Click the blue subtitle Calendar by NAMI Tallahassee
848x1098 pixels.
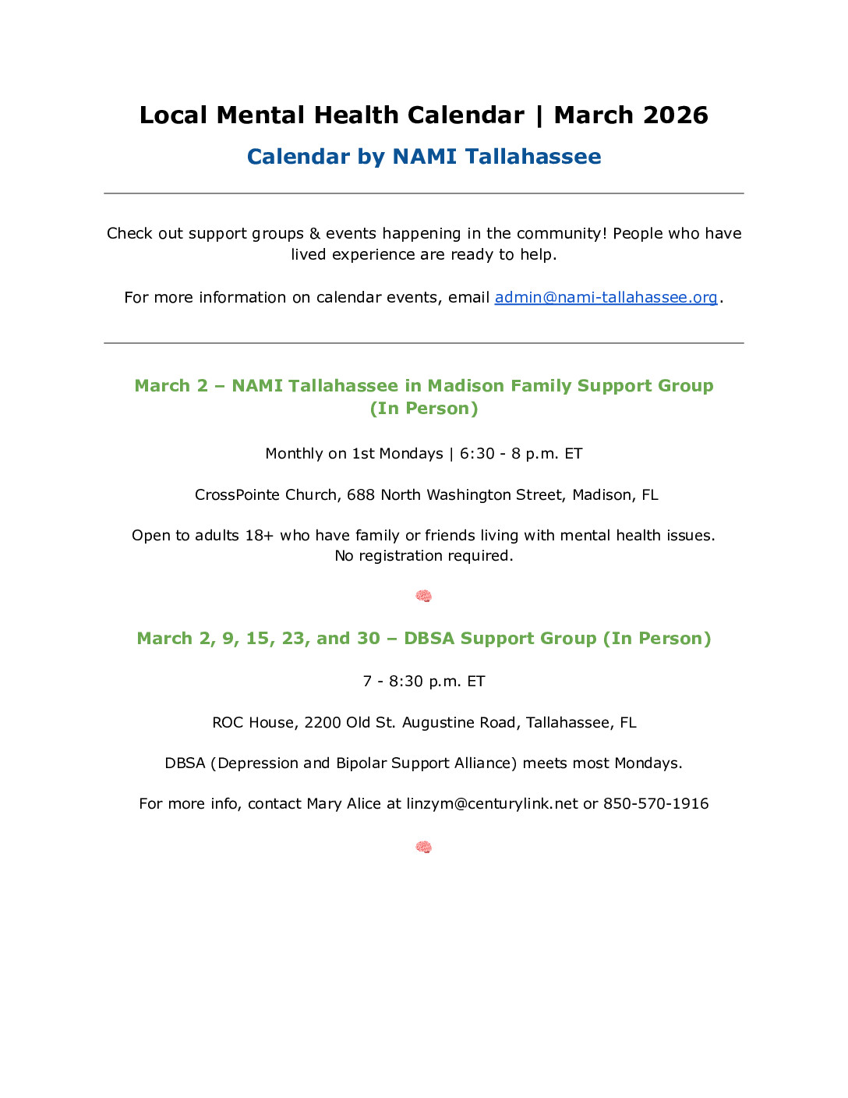pyautogui.click(x=424, y=157)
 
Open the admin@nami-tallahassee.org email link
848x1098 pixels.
pyautogui.click(x=606, y=297)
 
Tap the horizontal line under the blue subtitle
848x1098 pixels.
pyautogui.click(x=424, y=193)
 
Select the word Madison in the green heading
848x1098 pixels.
pyautogui.click(x=465, y=386)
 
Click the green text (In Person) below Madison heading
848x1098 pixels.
pyautogui.click(x=424, y=409)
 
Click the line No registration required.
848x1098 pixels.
pyautogui.click(x=424, y=556)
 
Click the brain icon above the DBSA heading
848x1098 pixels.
pyautogui.click(x=423, y=597)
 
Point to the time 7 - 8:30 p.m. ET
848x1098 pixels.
pyautogui.click(x=424, y=682)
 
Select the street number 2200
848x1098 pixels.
pyautogui.click(x=323, y=723)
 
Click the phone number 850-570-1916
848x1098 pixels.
pyautogui.click(x=655, y=804)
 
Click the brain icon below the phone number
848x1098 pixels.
pyautogui.click(x=423, y=848)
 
